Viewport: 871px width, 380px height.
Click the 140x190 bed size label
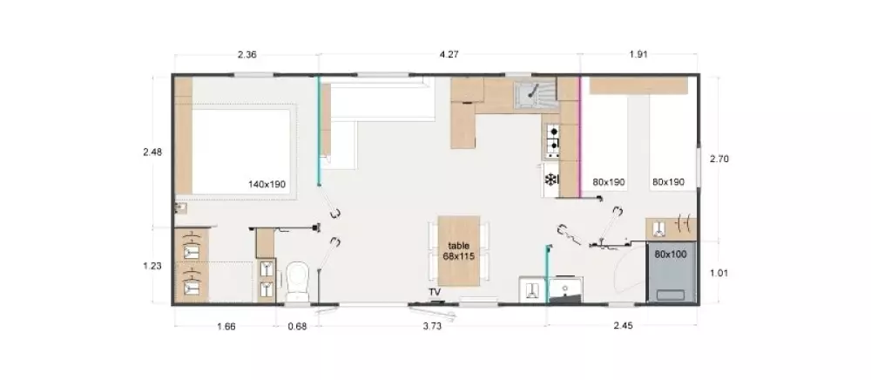[267, 184]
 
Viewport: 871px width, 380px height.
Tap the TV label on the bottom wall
[435, 292]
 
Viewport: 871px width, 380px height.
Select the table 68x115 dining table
[459, 251]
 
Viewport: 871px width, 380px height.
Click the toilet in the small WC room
[297, 281]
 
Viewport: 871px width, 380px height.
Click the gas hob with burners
[552, 140]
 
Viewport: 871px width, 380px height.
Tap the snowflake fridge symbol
[550, 180]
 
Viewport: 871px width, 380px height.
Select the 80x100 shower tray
[671, 273]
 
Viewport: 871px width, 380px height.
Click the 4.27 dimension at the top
[449, 55]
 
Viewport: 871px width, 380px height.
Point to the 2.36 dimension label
[246, 55]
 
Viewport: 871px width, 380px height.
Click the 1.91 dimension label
[638, 55]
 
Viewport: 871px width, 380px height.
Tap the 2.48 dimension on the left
[152, 152]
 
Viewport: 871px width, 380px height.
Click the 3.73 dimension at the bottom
[432, 326]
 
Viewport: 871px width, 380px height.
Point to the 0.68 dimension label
[297, 326]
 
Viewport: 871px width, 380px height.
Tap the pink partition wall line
[580, 137]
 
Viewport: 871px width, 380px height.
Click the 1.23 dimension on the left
[152, 266]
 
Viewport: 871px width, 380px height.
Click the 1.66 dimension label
[226, 326]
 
